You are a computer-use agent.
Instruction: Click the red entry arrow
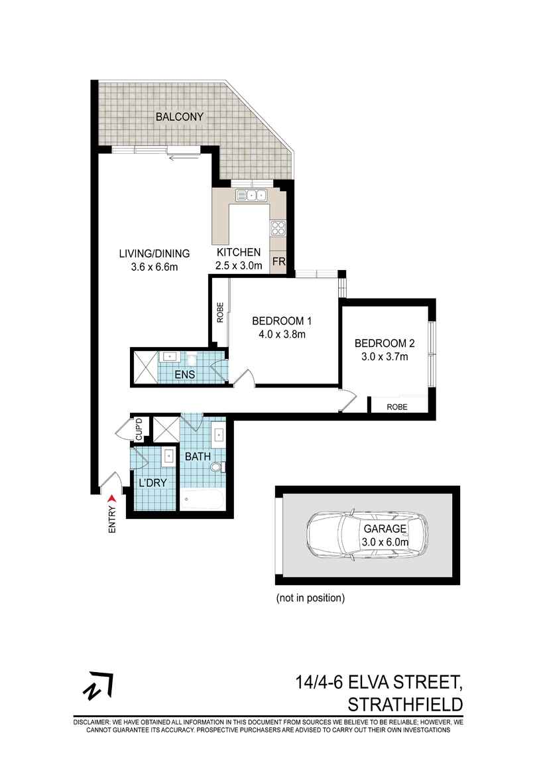(111, 498)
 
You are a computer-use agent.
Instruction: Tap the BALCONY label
(179, 117)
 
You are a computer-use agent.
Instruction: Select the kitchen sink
(251, 195)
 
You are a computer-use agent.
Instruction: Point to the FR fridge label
(278, 262)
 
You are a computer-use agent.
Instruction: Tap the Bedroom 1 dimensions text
(282, 334)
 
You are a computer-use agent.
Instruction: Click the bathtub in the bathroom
(202, 499)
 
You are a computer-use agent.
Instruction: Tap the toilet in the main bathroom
(216, 468)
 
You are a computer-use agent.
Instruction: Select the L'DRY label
(152, 483)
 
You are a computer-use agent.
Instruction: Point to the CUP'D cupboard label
(139, 429)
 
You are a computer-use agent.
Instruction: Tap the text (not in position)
(310, 598)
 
